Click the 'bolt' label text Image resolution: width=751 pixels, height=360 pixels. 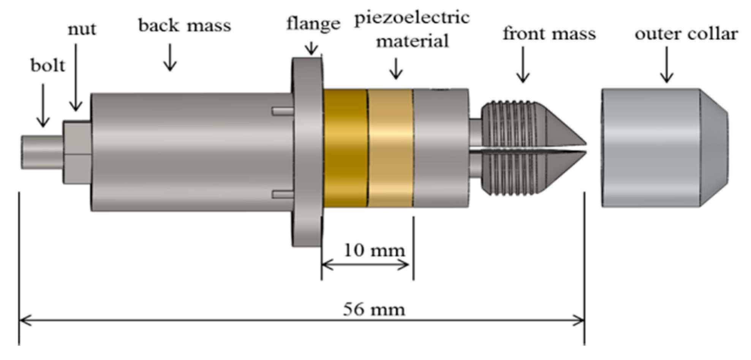[x=48, y=66]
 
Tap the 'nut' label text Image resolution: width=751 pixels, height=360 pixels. [x=82, y=30]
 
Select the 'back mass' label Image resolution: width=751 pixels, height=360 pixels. [x=185, y=26]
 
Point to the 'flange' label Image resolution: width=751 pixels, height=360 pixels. [x=313, y=24]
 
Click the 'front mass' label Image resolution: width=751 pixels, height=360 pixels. [x=549, y=33]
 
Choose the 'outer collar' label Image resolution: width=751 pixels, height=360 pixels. [x=686, y=34]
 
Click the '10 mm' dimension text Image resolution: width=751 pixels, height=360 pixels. [x=375, y=250]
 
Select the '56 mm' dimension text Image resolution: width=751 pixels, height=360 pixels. [x=374, y=309]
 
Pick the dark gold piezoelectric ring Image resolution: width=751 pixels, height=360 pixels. [x=345, y=148]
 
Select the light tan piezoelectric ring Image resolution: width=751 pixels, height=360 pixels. [x=391, y=148]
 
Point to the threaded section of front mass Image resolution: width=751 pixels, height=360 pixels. [x=509, y=148]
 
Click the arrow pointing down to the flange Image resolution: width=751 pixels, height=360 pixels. [x=312, y=48]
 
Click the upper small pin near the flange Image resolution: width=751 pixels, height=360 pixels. [x=283, y=111]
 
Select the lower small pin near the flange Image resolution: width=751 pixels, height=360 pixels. [x=283, y=194]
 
